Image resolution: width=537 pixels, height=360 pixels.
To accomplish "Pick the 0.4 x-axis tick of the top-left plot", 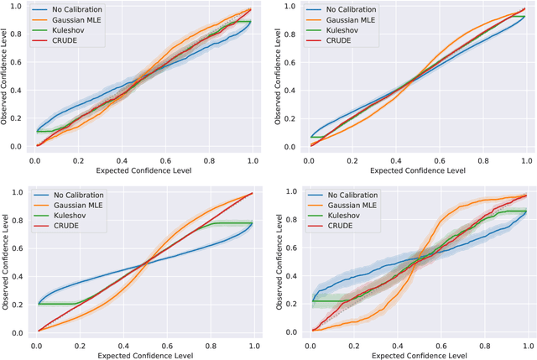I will click(x=123, y=159).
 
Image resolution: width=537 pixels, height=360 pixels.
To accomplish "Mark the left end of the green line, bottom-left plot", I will click(x=37, y=304).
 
